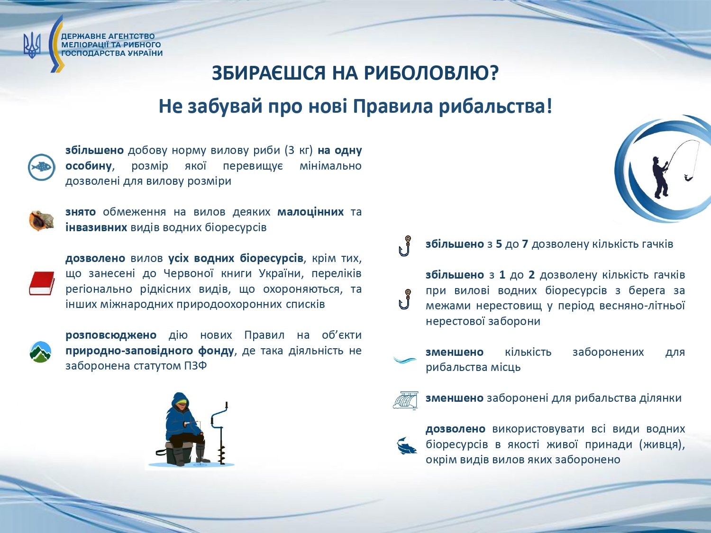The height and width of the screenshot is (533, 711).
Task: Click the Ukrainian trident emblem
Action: [32, 45]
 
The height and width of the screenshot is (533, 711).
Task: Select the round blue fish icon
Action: [41, 167]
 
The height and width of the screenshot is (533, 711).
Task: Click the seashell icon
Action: [41, 220]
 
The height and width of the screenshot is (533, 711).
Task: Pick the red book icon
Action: [42, 283]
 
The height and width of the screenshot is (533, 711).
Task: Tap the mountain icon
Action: [40, 352]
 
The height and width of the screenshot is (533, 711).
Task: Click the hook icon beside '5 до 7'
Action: [405, 246]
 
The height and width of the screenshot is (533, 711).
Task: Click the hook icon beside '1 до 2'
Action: [405, 299]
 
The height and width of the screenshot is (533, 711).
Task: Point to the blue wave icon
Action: [404, 360]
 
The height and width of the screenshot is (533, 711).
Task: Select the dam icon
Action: [406, 399]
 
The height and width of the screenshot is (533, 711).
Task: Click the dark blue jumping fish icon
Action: [407, 445]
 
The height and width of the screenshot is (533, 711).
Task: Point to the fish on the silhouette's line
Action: [688, 178]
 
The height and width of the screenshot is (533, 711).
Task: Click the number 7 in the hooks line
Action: [525, 244]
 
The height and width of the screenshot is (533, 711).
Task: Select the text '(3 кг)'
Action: [299, 151]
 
